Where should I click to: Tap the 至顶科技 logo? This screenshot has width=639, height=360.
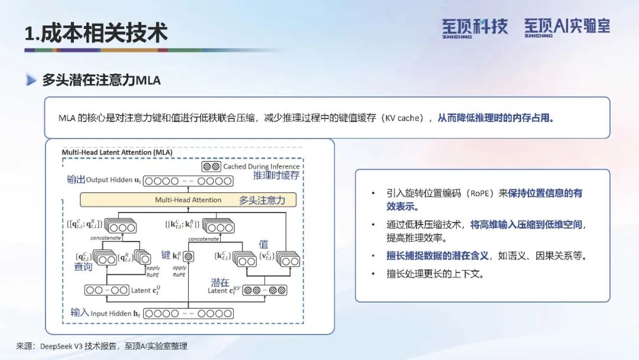click(475, 27)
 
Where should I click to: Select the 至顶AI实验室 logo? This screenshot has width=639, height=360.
click(566, 27)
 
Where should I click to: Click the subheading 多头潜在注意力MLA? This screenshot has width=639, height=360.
click(101, 80)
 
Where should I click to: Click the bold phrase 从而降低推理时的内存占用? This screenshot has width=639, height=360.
click(496, 118)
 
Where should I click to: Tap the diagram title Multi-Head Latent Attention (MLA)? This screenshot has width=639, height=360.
click(117, 153)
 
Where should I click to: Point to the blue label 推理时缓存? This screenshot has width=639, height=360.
click(276, 175)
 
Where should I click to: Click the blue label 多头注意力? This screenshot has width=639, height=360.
click(262, 200)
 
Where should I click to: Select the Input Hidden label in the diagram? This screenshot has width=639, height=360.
click(115, 313)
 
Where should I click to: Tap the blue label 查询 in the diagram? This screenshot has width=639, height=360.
click(83, 266)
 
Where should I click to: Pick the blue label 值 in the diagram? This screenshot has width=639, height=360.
click(264, 243)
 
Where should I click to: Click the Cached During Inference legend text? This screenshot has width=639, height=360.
click(261, 166)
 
